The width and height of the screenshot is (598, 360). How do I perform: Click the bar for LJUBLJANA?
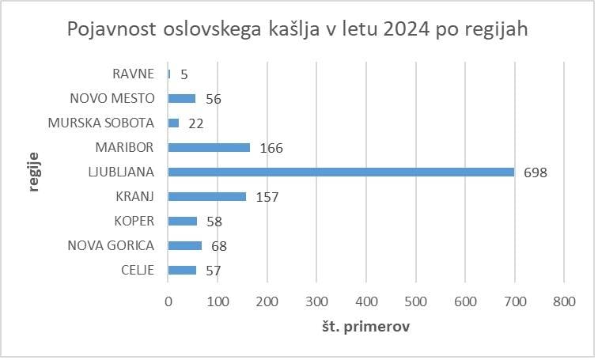[340, 172]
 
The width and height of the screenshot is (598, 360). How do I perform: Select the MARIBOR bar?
[209, 147]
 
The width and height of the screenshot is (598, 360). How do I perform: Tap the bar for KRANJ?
[206, 196]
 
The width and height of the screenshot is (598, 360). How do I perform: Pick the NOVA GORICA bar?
[185, 245]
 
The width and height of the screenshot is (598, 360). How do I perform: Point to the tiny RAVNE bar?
[169, 74]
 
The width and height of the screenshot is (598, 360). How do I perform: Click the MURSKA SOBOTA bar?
[173, 123]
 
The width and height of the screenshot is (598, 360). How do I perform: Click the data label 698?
[536, 172]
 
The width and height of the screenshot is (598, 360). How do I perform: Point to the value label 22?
[197, 123]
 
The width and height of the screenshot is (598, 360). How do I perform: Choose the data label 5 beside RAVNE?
[184, 74]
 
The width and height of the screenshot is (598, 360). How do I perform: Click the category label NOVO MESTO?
[112, 99]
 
